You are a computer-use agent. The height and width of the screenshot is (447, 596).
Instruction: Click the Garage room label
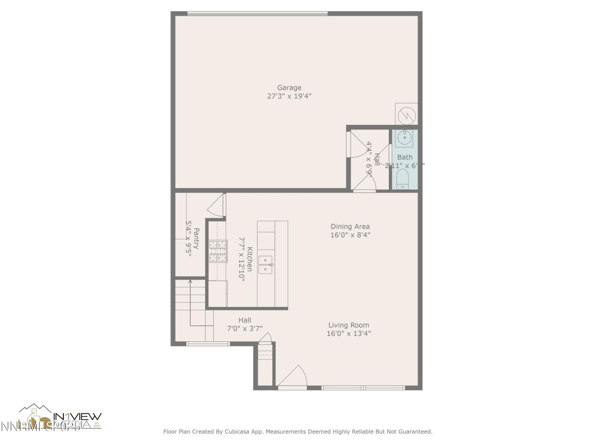[289, 88]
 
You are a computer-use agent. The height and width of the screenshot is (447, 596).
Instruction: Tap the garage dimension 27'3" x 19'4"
[289, 96]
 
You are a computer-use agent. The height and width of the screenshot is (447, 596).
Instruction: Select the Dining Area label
[350, 227]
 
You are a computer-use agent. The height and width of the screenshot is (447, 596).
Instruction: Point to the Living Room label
[348, 325]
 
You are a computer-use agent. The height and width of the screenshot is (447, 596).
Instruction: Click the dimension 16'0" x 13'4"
[348, 333]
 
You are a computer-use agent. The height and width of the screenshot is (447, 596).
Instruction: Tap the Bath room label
[405, 157]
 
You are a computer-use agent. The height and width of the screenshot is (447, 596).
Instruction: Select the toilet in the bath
[402, 179]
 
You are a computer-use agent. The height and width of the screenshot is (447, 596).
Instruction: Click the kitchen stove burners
[218, 251]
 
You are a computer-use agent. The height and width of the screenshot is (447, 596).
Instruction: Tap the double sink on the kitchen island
[266, 264]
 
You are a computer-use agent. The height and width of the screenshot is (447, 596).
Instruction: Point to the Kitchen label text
[250, 259]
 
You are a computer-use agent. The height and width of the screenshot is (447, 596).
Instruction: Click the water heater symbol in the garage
[406, 114]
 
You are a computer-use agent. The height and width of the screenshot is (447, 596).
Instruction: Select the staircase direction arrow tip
[190, 281]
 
